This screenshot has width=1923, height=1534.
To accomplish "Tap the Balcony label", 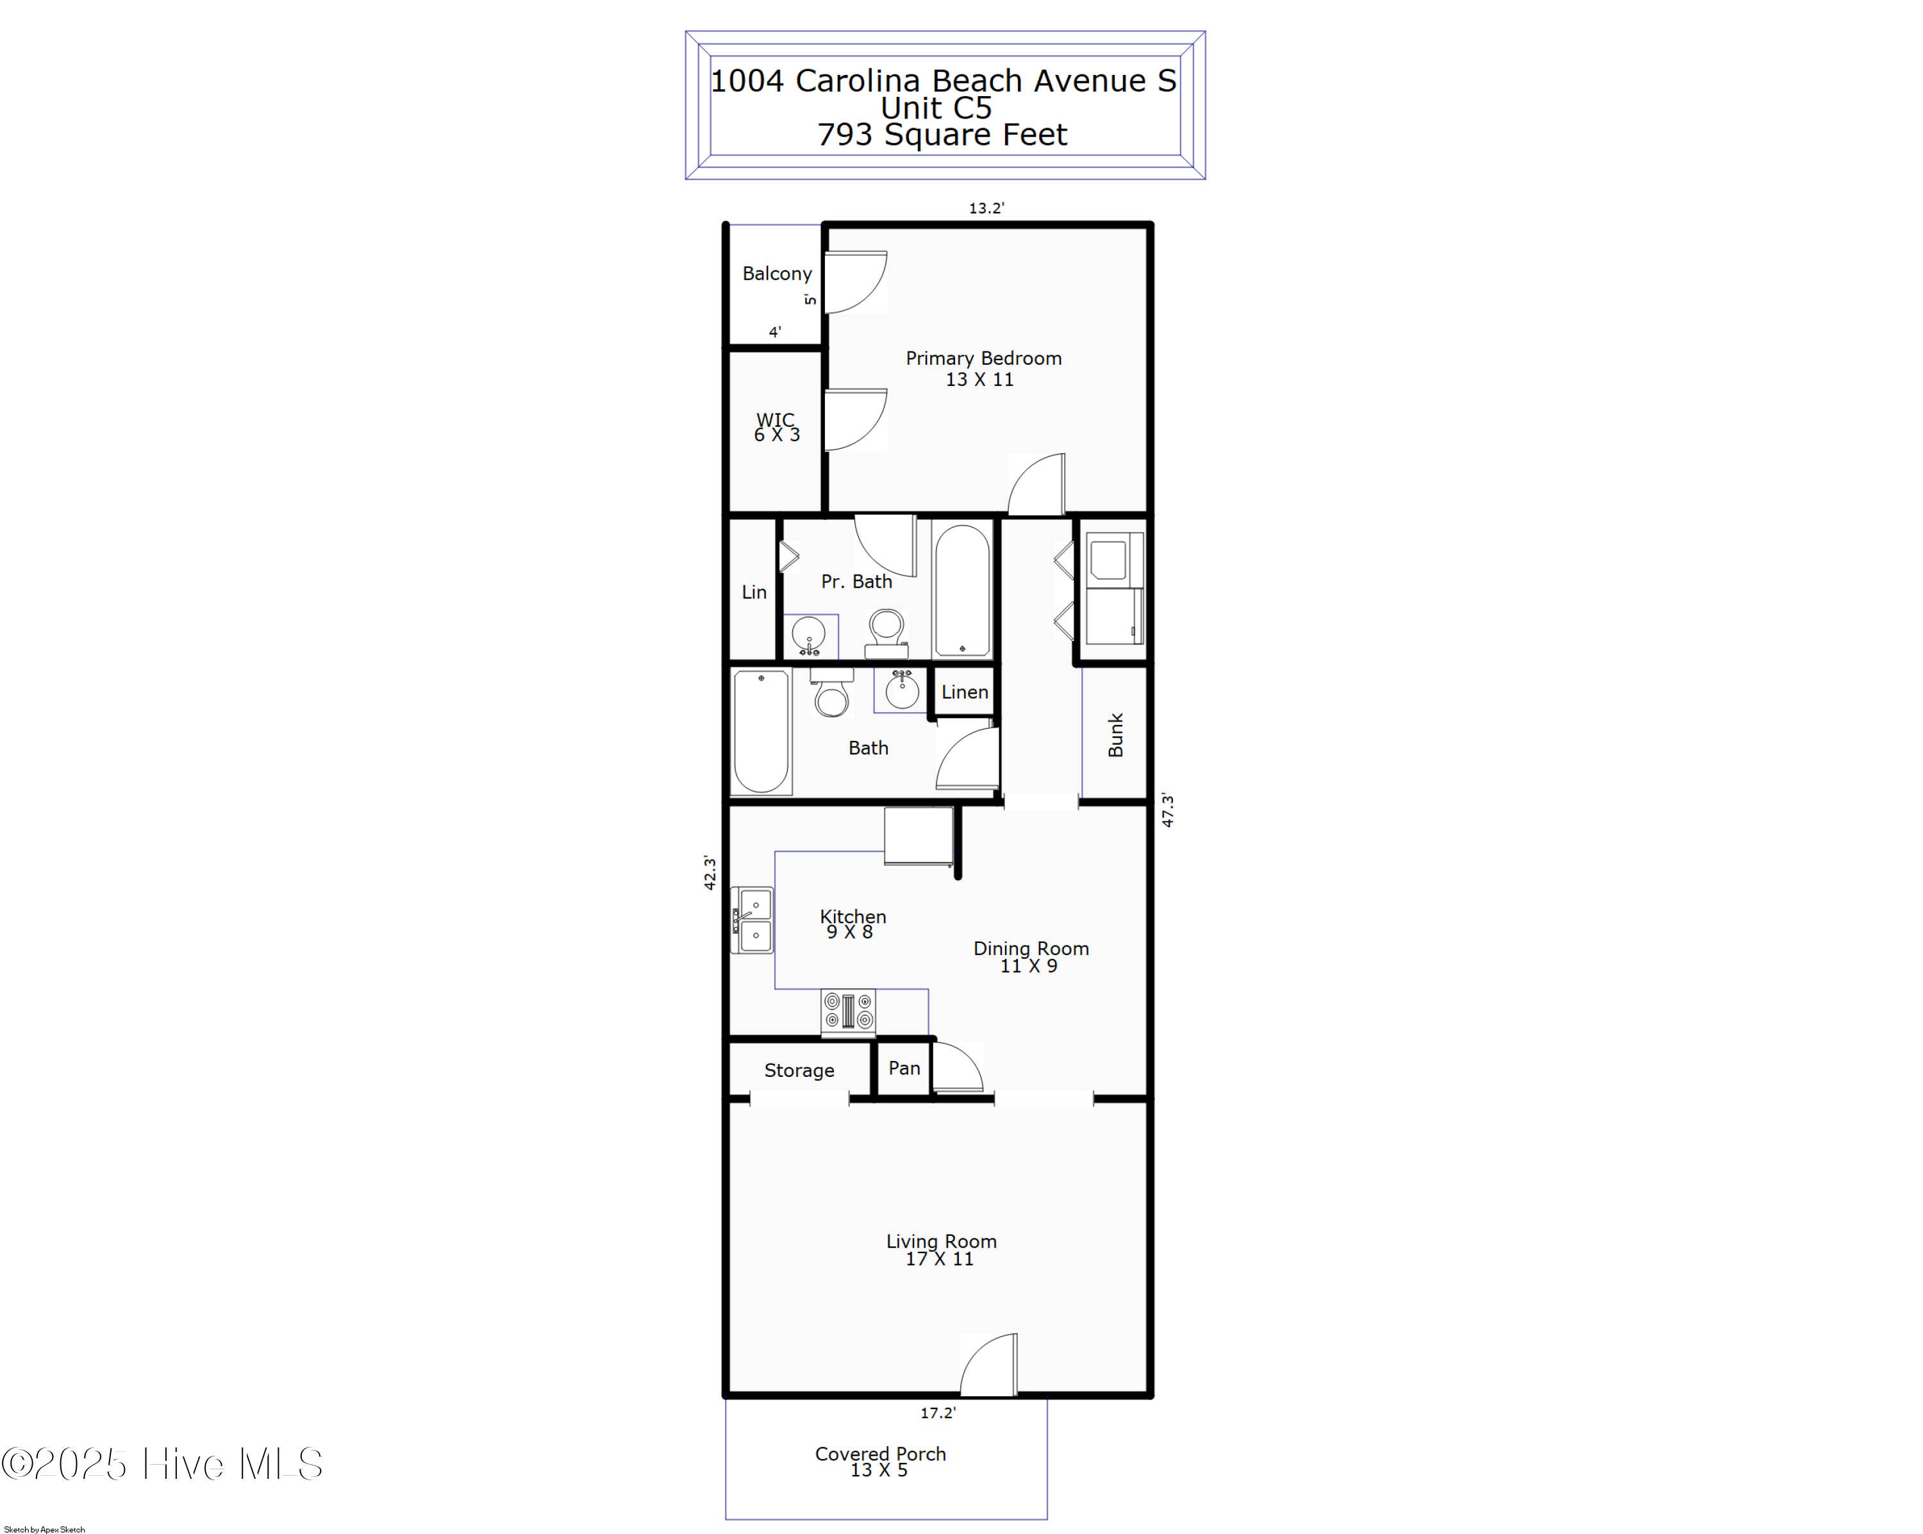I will click(777, 274).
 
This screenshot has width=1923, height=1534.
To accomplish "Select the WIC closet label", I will click(776, 427).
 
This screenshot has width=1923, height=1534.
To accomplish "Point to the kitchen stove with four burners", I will click(848, 1012).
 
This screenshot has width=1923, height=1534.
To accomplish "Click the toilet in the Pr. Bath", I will click(887, 631).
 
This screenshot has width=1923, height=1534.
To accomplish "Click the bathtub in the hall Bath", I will click(761, 731).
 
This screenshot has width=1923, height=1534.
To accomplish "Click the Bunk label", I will click(1115, 735).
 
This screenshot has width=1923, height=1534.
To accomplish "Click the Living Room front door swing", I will click(990, 1365).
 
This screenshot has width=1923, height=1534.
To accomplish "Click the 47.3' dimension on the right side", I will click(1167, 810).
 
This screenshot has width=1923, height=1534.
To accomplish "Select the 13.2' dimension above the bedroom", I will click(986, 208).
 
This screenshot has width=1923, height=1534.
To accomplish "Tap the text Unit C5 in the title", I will click(937, 108).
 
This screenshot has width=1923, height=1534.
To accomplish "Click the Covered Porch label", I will click(880, 1461).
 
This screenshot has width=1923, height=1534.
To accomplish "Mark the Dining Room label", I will click(1030, 956).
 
